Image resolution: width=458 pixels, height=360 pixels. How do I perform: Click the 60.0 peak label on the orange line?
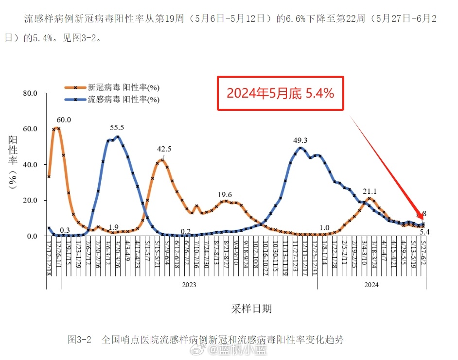tap(64, 120)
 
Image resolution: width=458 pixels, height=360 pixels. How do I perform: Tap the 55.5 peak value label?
tap(117, 128)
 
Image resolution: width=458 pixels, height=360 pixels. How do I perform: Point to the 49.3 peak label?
tap(300, 140)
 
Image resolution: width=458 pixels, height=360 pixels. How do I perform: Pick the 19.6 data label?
tap(225, 194)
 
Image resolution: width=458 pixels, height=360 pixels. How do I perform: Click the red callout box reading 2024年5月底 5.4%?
tap(281, 93)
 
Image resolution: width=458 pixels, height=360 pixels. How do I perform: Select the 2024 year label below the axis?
tap(371, 285)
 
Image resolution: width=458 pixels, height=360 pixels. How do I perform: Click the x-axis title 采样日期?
tap(251, 309)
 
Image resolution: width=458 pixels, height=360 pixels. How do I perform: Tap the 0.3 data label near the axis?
tap(64, 230)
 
